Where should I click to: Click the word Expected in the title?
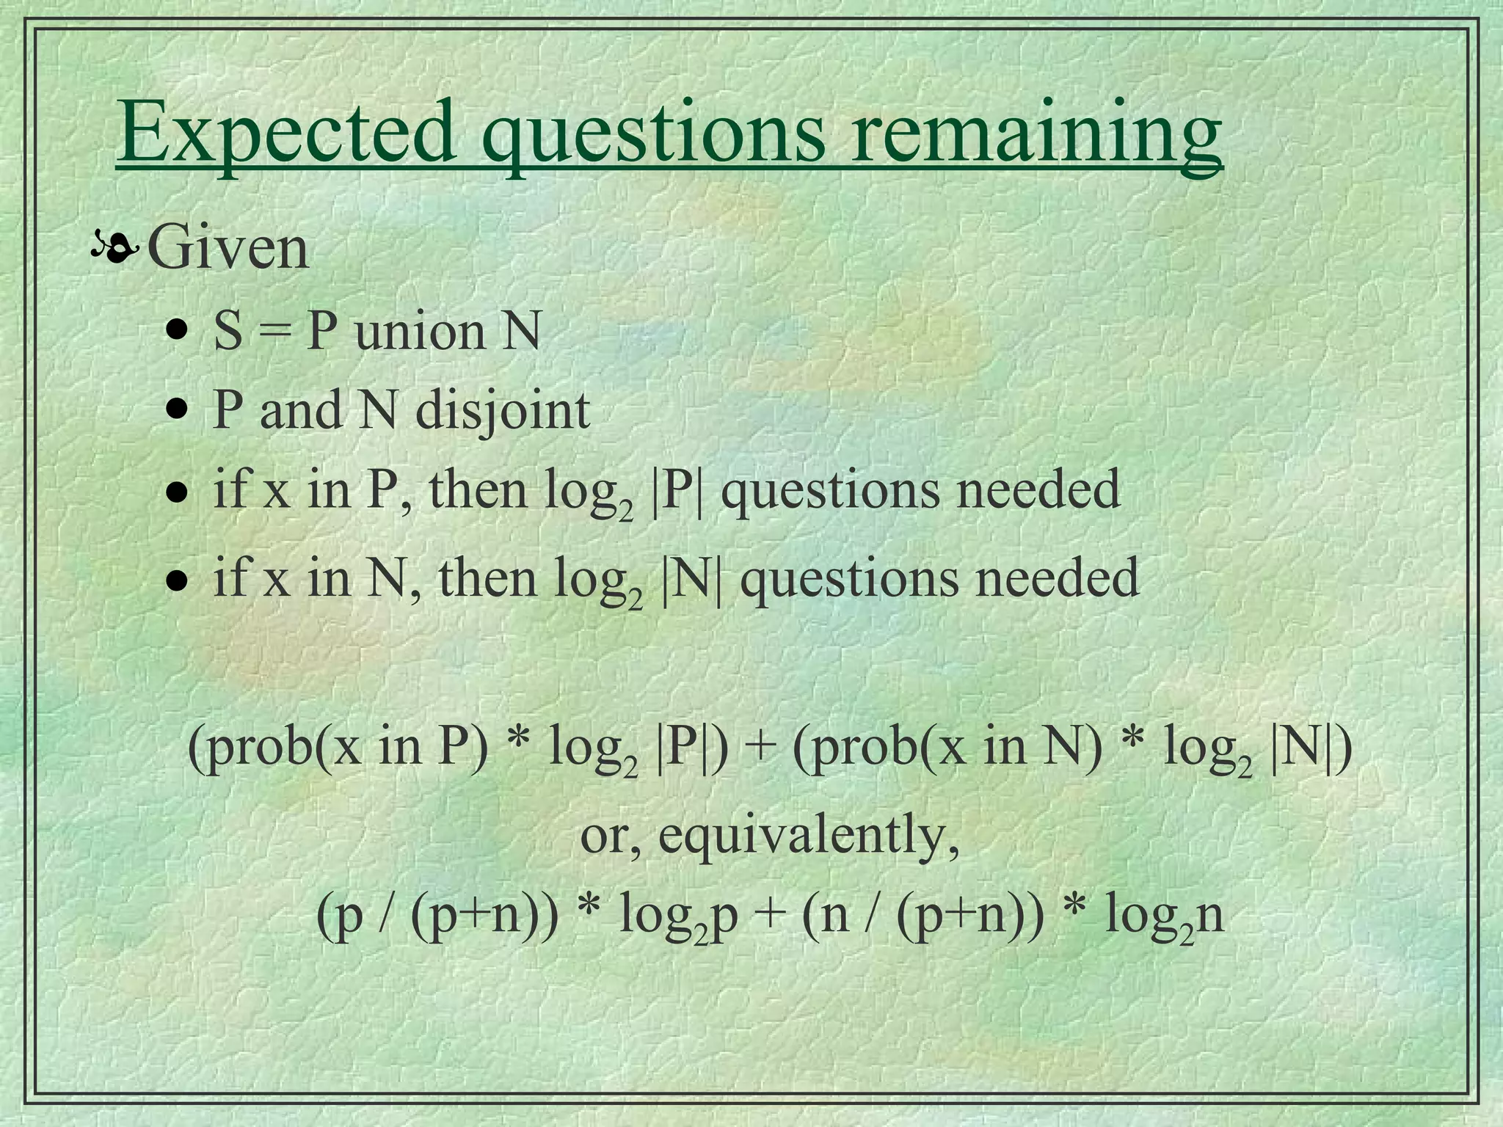coord(286,132)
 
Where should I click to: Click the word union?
coord(420,332)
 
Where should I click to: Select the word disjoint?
coord(503,411)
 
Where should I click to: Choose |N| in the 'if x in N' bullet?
coord(691,578)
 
